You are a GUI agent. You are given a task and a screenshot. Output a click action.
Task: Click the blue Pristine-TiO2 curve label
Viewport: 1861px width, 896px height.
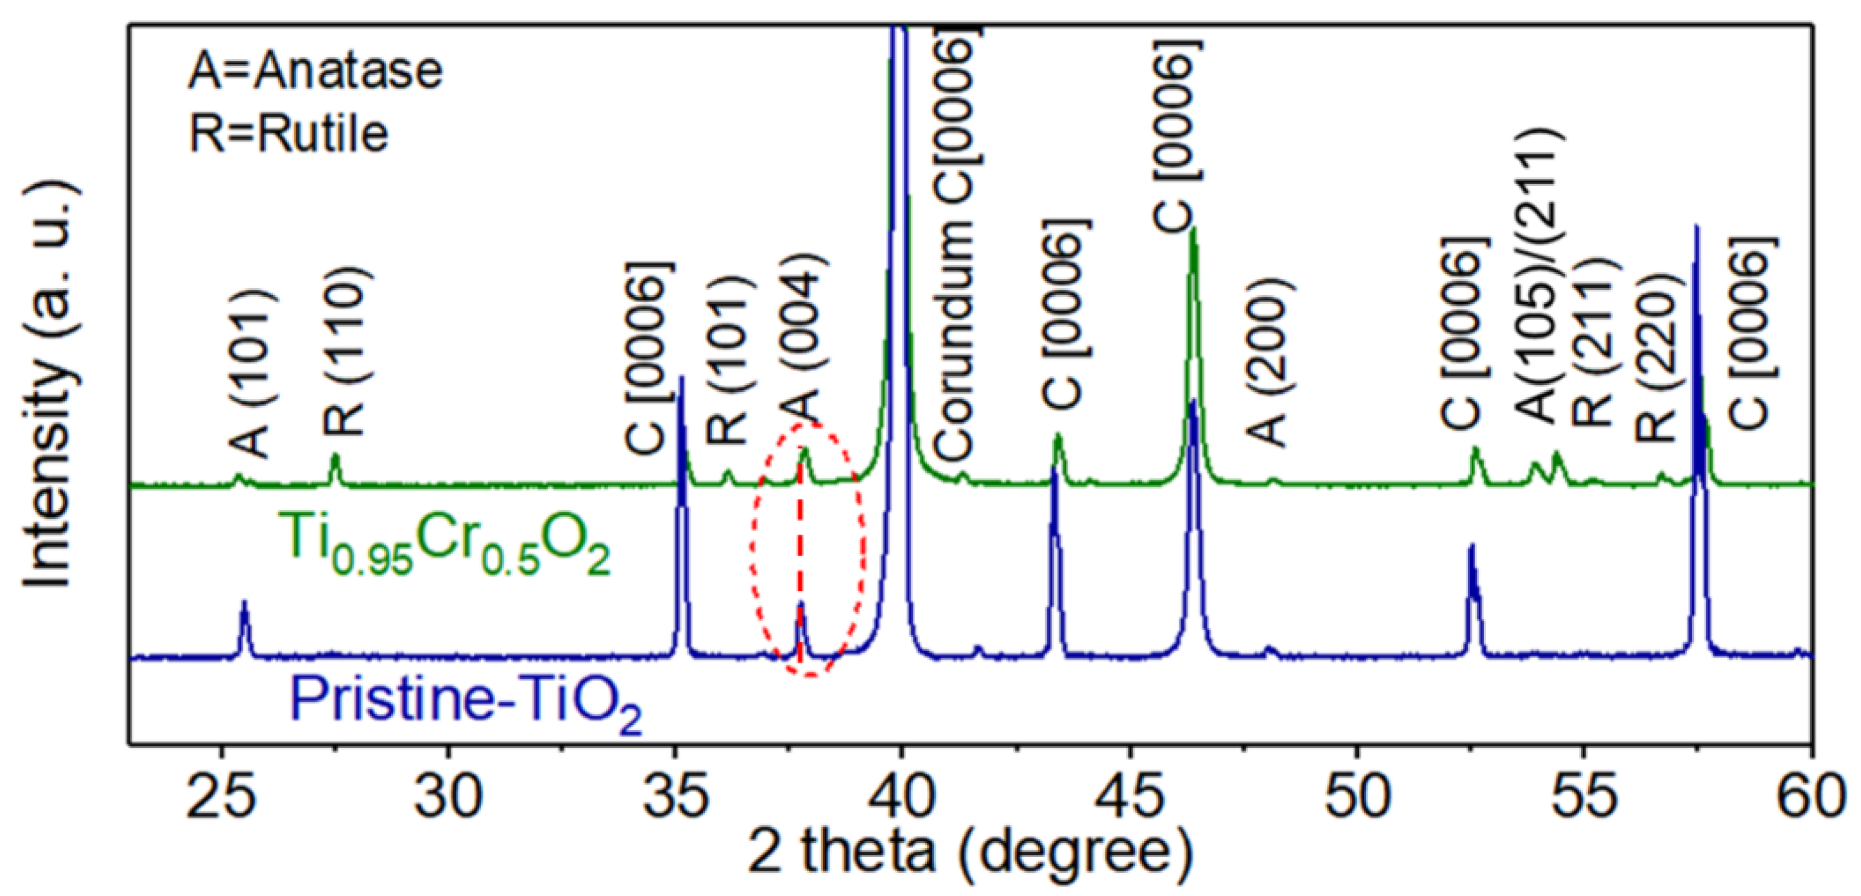466,701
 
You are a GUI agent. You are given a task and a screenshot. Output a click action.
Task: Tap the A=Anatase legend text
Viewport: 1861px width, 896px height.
315,71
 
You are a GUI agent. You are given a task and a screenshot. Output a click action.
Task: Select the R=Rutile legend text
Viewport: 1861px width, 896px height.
288,133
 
